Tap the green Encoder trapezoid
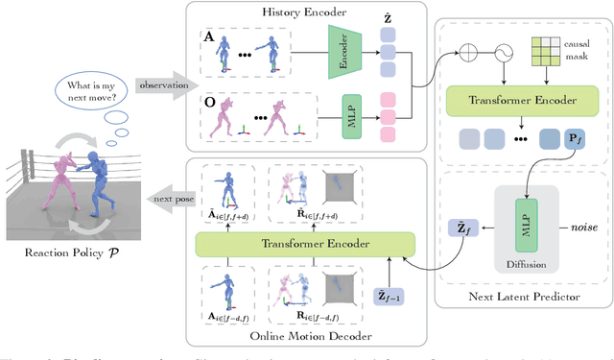tap(342, 55)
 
